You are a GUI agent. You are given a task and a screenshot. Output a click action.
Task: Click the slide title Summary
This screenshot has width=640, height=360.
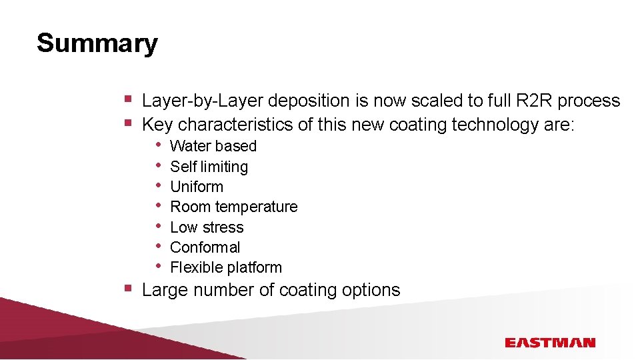(97, 43)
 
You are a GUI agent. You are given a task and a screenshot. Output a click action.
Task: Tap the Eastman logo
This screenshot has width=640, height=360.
(549, 343)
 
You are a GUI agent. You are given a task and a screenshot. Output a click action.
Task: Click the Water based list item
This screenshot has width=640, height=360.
(213, 146)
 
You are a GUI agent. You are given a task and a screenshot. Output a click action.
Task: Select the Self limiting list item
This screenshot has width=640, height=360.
(209, 167)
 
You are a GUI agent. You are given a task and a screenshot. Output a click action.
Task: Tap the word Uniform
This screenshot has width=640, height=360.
(197, 187)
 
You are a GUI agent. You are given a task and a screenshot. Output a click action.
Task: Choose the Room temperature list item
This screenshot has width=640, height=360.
(233, 207)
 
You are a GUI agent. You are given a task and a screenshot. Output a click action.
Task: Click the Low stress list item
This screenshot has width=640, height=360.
(207, 227)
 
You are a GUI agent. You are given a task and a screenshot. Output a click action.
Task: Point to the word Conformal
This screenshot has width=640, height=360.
(205, 247)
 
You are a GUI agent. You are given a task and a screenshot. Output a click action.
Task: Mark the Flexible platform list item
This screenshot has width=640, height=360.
(226, 267)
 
